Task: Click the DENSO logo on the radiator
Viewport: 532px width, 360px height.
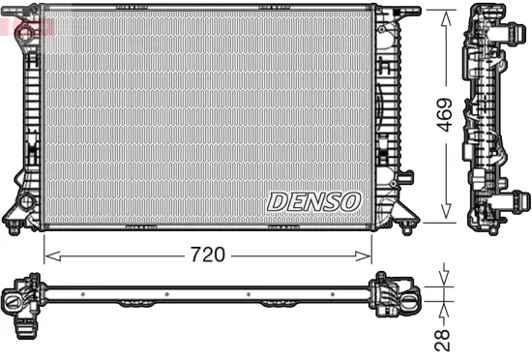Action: [312, 201]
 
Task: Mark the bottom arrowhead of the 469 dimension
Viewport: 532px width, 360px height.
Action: [446, 217]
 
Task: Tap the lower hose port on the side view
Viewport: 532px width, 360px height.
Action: [521, 200]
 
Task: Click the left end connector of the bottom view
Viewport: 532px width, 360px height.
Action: [19, 297]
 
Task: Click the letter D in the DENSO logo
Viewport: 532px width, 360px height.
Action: [277, 201]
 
